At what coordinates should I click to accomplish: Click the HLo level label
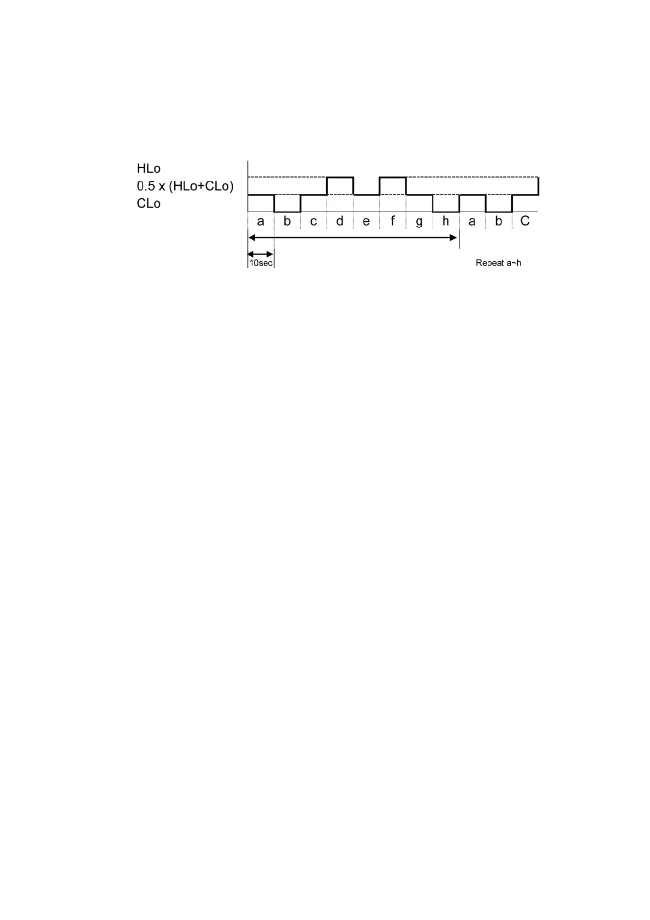pos(149,169)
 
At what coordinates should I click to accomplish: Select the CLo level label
pos(149,204)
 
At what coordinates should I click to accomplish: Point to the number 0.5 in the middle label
pos(146,186)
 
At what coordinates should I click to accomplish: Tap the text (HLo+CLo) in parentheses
pos(201,186)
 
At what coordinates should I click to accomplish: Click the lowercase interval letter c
pos(313,222)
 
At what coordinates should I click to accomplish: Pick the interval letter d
pos(340,221)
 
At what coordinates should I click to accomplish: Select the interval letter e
pos(366,222)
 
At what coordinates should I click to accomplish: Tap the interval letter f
pos(392,221)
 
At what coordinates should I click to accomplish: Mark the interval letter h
pos(445,221)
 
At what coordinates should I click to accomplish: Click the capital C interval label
pos(525,221)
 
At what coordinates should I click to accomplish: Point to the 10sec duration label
pos(261,263)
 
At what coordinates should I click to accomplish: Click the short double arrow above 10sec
pos(261,254)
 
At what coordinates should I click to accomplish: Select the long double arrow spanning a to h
pos(352,238)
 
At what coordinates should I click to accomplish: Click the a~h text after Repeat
pos(514,263)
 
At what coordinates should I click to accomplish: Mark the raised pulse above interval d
pos(340,178)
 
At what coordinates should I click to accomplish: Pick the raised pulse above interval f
pos(393,178)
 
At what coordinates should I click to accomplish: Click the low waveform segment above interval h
pos(446,211)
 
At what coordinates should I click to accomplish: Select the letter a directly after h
pos(472,222)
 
